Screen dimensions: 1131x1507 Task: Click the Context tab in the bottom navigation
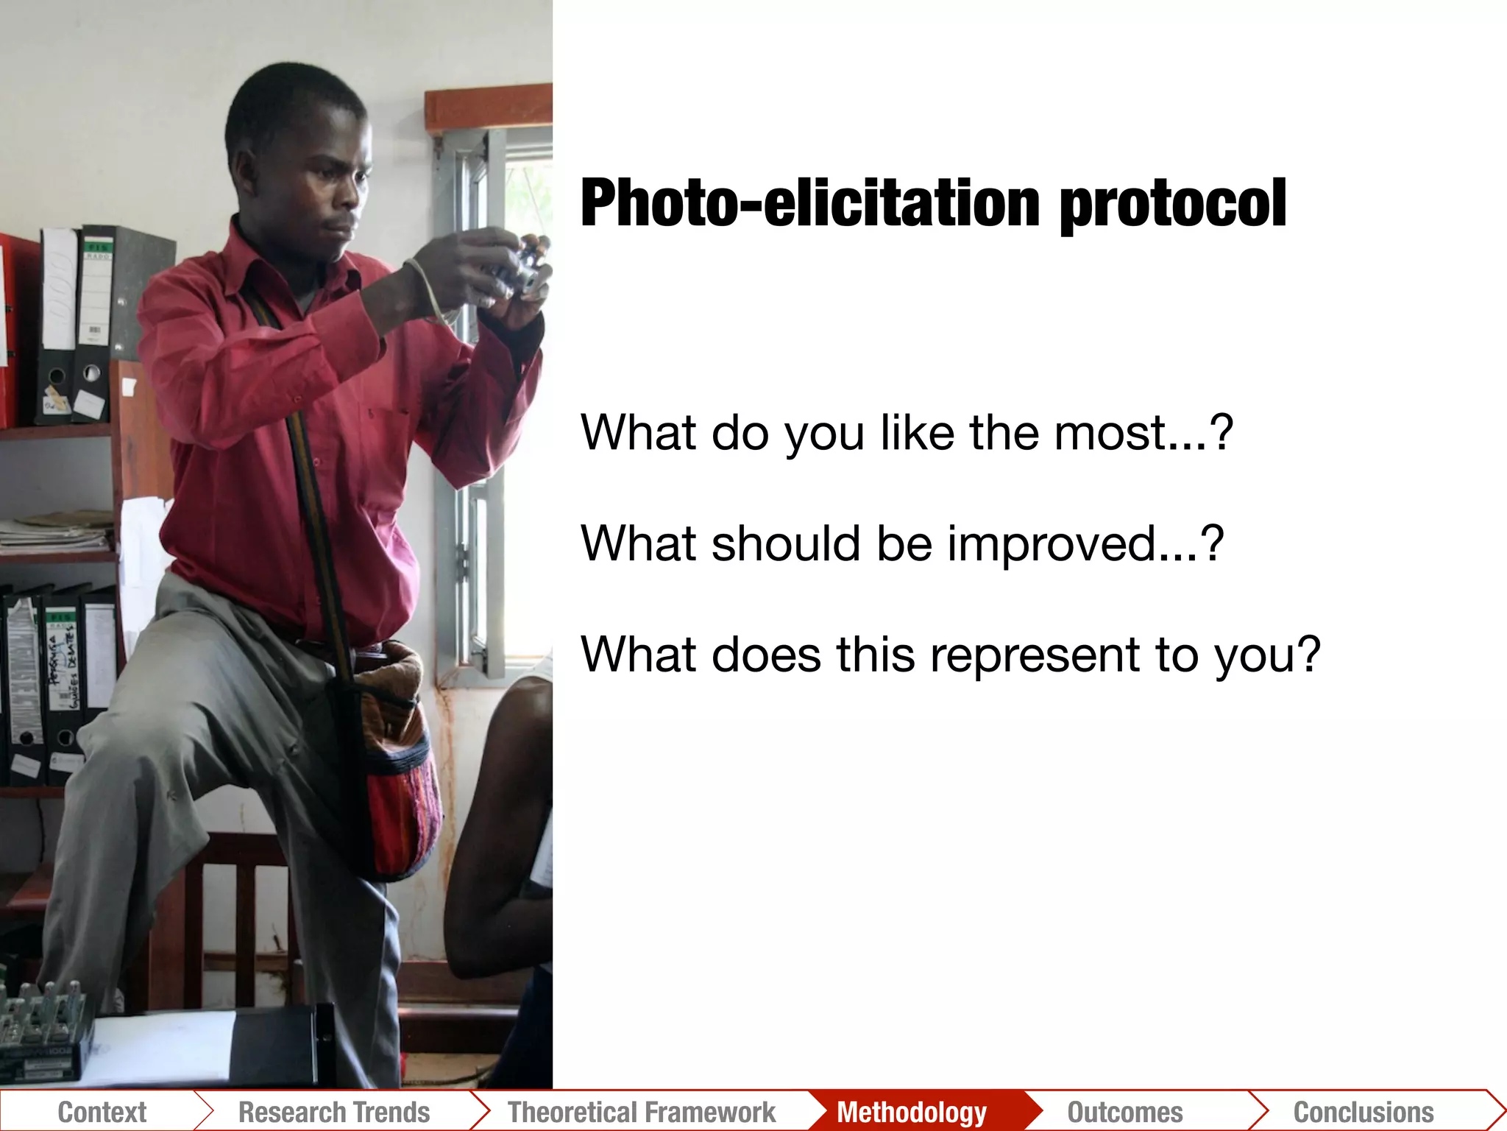point(102,1112)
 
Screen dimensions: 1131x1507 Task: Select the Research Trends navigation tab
point(334,1112)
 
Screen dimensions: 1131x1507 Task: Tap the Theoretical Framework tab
point(642,1112)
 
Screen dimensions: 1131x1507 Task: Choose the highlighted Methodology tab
point(912,1112)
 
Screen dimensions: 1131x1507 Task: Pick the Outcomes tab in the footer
point(1125,1112)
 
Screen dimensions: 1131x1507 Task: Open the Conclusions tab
point(1364,1112)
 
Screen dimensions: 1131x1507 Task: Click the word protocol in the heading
point(1173,205)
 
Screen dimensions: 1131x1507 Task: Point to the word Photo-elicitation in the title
point(809,203)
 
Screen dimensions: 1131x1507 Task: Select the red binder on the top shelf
point(13,331)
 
